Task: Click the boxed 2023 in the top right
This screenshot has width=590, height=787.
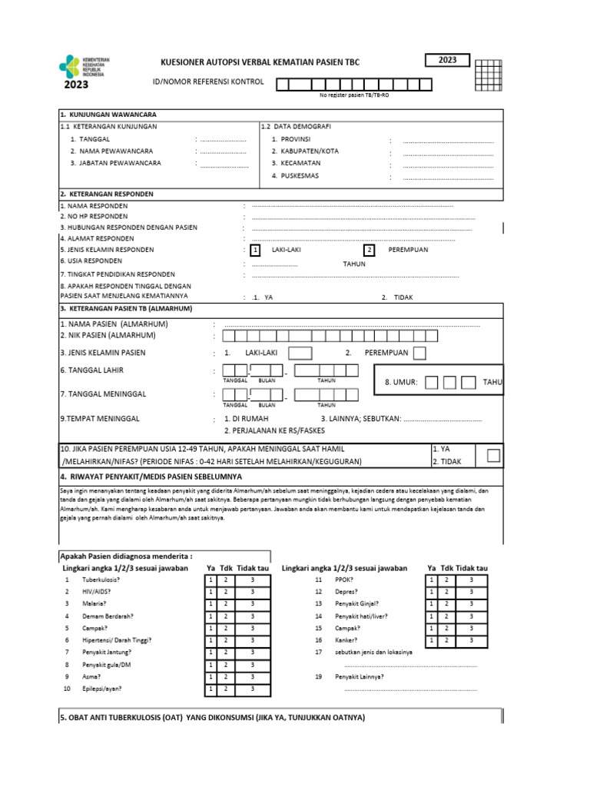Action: [x=446, y=61]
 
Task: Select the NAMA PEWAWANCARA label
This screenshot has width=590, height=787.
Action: [x=111, y=151]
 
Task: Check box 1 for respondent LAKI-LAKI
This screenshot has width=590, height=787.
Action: [x=256, y=250]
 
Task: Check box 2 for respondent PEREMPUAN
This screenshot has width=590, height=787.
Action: [x=369, y=250]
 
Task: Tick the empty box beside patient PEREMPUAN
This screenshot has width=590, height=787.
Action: [x=420, y=353]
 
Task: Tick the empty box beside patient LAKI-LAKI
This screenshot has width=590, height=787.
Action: [x=300, y=353]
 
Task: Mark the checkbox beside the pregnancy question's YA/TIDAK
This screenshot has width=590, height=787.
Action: [x=493, y=455]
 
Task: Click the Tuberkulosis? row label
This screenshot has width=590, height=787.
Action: [x=103, y=579]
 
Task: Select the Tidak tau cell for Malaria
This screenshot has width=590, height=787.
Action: [x=252, y=604]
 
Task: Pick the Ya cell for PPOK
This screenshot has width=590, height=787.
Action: [x=432, y=579]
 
